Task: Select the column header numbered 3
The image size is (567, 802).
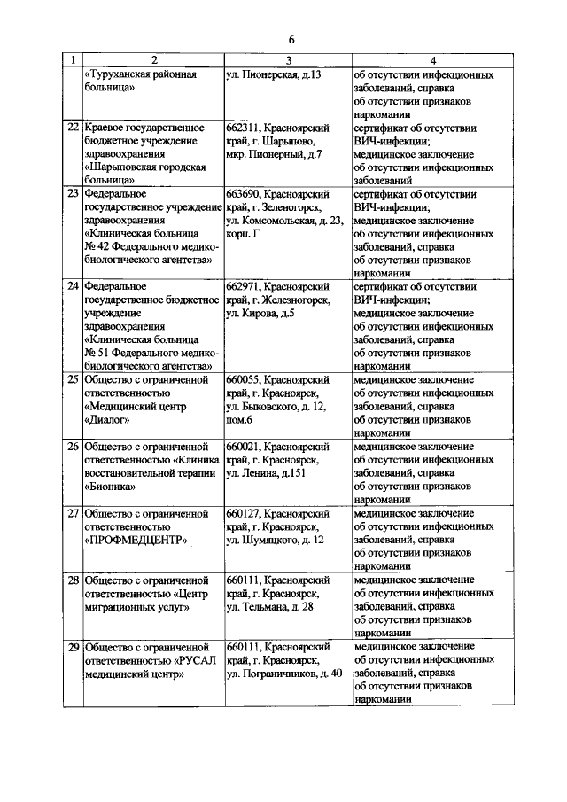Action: coord(288,60)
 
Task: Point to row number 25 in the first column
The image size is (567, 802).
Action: coord(74,379)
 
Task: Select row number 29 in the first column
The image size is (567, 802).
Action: coord(74,647)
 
